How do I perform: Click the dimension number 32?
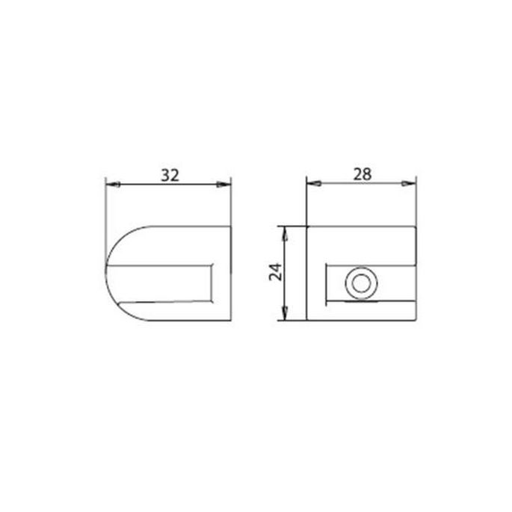(170, 175)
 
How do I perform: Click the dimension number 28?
(362, 173)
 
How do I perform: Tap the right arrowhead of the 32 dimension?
(225, 184)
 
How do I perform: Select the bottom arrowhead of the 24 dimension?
(284, 315)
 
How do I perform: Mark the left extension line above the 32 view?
(105, 202)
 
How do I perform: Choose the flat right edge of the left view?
(231, 273)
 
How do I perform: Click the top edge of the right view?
(362, 226)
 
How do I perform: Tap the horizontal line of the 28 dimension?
(362, 183)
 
